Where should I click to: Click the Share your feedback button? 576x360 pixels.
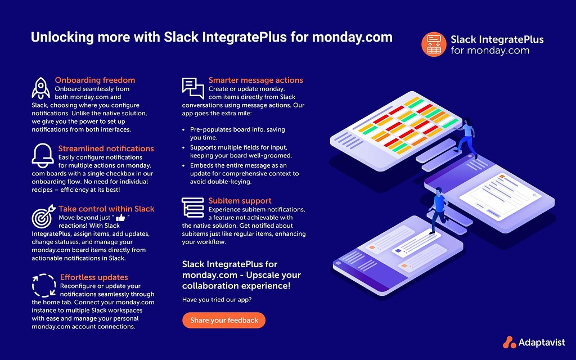[224, 320]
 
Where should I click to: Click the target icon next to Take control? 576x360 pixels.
[43, 216]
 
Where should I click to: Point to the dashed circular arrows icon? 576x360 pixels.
[44, 285]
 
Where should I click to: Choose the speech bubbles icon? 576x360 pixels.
[193, 88]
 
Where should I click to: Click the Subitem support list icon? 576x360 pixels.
[193, 207]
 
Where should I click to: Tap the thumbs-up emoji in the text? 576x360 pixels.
[120, 218]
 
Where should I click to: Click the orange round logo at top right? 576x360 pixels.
[434, 44]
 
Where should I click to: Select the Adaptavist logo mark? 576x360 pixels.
[509, 341]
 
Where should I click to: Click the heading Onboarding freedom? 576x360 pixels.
[94, 80]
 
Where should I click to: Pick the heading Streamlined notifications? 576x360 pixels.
[106, 148]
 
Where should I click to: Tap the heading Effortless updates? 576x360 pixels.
[94, 277]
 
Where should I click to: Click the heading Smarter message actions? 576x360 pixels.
[255, 80]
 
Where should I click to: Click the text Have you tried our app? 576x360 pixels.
[217, 300]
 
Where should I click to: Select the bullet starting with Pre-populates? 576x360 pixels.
[233, 133]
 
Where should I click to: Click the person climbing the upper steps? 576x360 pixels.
[466, 137]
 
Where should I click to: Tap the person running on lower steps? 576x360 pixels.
[437, 209]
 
